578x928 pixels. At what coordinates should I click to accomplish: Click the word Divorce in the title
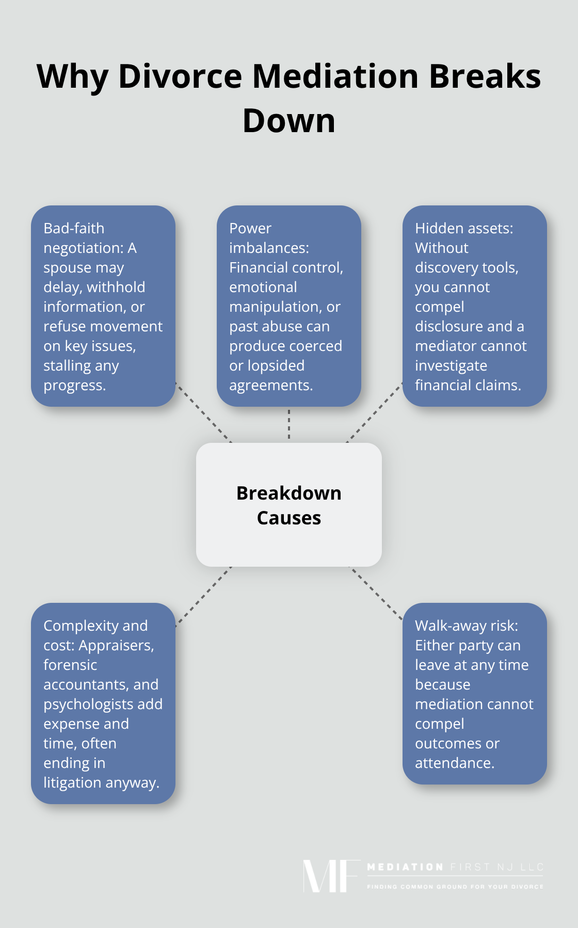point(180,76)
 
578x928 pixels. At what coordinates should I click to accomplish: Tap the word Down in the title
point(289,121)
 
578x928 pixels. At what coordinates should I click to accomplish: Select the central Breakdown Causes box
point(289,504)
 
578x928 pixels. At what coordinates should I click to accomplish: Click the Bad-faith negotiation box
point(103,306)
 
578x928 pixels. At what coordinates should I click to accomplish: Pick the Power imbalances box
point(289,306)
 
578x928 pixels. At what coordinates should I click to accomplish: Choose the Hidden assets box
point(474,306)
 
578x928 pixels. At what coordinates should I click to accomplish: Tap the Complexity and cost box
point(103,703)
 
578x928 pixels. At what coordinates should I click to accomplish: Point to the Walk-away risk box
point(474,693)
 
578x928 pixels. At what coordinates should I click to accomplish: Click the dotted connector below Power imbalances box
point(289,424)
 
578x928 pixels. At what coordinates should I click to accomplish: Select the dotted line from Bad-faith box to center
point(203,412)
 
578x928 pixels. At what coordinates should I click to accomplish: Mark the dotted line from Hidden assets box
point(375,412)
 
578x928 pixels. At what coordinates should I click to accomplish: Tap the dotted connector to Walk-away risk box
point(376,593)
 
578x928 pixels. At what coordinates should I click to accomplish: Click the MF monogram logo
point(330,876)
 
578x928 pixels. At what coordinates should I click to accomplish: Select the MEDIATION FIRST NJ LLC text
point(455,867)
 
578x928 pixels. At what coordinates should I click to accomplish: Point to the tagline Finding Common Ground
point(455,887)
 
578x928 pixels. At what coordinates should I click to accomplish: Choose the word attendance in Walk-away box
point(454,763)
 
